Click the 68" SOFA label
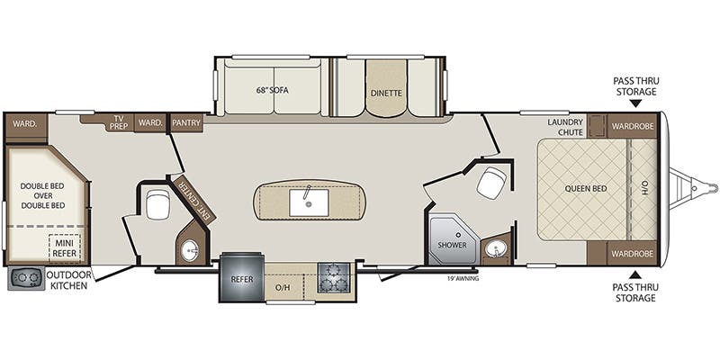pyautogui.click(x=273, y=90)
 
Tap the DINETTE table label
pyautogui.click(x=386, y=94)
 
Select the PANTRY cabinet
pyautogui.click(x=186, y=123)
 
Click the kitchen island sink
pyautogui.click(x=309, y=202)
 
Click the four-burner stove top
pyautogui.click(x=333, y=277)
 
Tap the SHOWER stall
pyautogui.click(x=452, y=238)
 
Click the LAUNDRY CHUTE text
pyautogui.click(x=565, y=127)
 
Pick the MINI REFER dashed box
pyautogui.click(x=64, y=248)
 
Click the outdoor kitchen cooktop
pyautogui.click(x=26, y=278)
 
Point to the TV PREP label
pyautogui.click(x=119, y=122)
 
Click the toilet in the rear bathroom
pyautogui.click(x=158, y=205)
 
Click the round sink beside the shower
pyautogui.click(x=496, y=249)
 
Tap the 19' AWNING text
pyautogui.click(x=463, y=278)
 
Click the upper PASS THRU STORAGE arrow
pyautogui.click(x=635, y=103)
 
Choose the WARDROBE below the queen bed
pyautogui.click(x=632, y=254)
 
